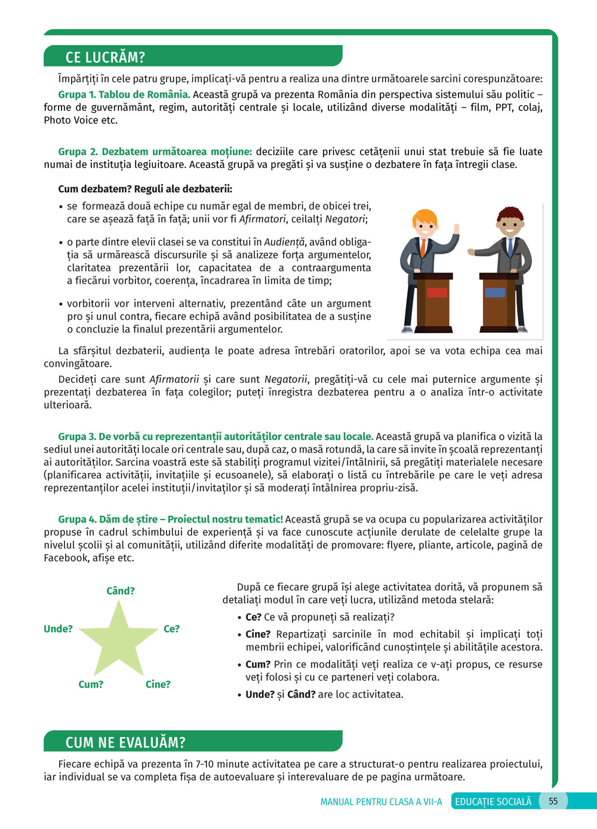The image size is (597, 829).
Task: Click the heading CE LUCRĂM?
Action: (x=105, y=57)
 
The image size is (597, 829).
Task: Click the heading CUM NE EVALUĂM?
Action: (x=125, y=743)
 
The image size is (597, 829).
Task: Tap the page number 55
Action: (x=553, y=801)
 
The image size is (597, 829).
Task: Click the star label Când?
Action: (x=121, y=590)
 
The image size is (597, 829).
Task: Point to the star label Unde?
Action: (x=58, y=629)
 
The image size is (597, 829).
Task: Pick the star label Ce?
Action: (x=171, y=629)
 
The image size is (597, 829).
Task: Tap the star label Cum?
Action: (x=91, y=684)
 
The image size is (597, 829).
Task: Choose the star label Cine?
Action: (x=158, y=684)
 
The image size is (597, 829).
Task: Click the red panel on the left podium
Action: (x=437, y=292)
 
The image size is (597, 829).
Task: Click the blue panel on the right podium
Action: (x=495, y=292)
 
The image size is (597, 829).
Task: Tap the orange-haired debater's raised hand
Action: (x=456, y=228)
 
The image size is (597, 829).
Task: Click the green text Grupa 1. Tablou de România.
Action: (x=124, y=94)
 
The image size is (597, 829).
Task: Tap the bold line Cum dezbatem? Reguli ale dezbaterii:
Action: (x=145, y=189)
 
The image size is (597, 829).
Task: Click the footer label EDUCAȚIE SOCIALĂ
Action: (x=493, y=802)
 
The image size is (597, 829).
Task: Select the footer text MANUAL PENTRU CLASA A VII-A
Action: (x=381, y=802)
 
